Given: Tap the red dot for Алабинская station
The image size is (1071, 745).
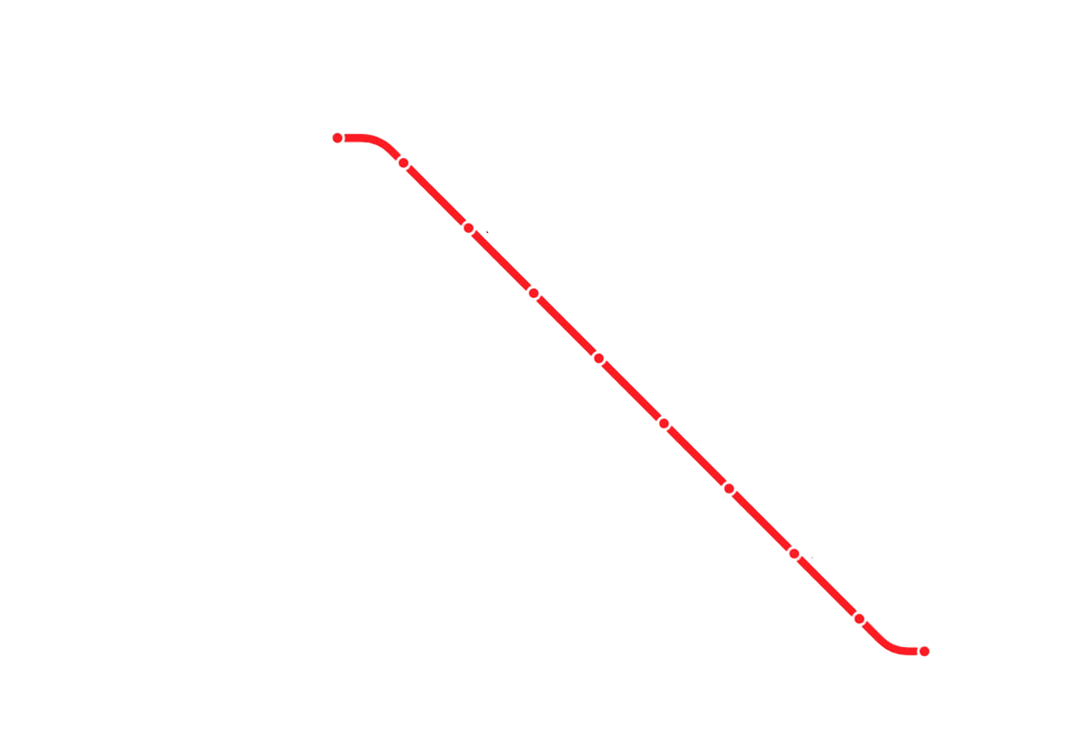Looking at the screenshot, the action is point(338,138).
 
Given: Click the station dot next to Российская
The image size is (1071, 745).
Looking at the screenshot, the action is point(403,163).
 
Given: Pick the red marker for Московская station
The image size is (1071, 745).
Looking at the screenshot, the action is point(468,228).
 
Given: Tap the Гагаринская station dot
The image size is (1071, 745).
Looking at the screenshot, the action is point(533,292).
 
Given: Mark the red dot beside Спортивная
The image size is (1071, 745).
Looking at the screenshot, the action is point(599,358).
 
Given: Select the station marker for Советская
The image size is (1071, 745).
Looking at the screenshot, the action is point(664,423).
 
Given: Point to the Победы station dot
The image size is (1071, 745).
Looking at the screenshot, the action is point(729,488).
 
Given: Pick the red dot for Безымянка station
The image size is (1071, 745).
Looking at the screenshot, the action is point(794,553).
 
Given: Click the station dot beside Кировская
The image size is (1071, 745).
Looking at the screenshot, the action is point(859,618).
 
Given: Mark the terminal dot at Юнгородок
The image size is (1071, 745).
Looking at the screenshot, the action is point(924,652).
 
